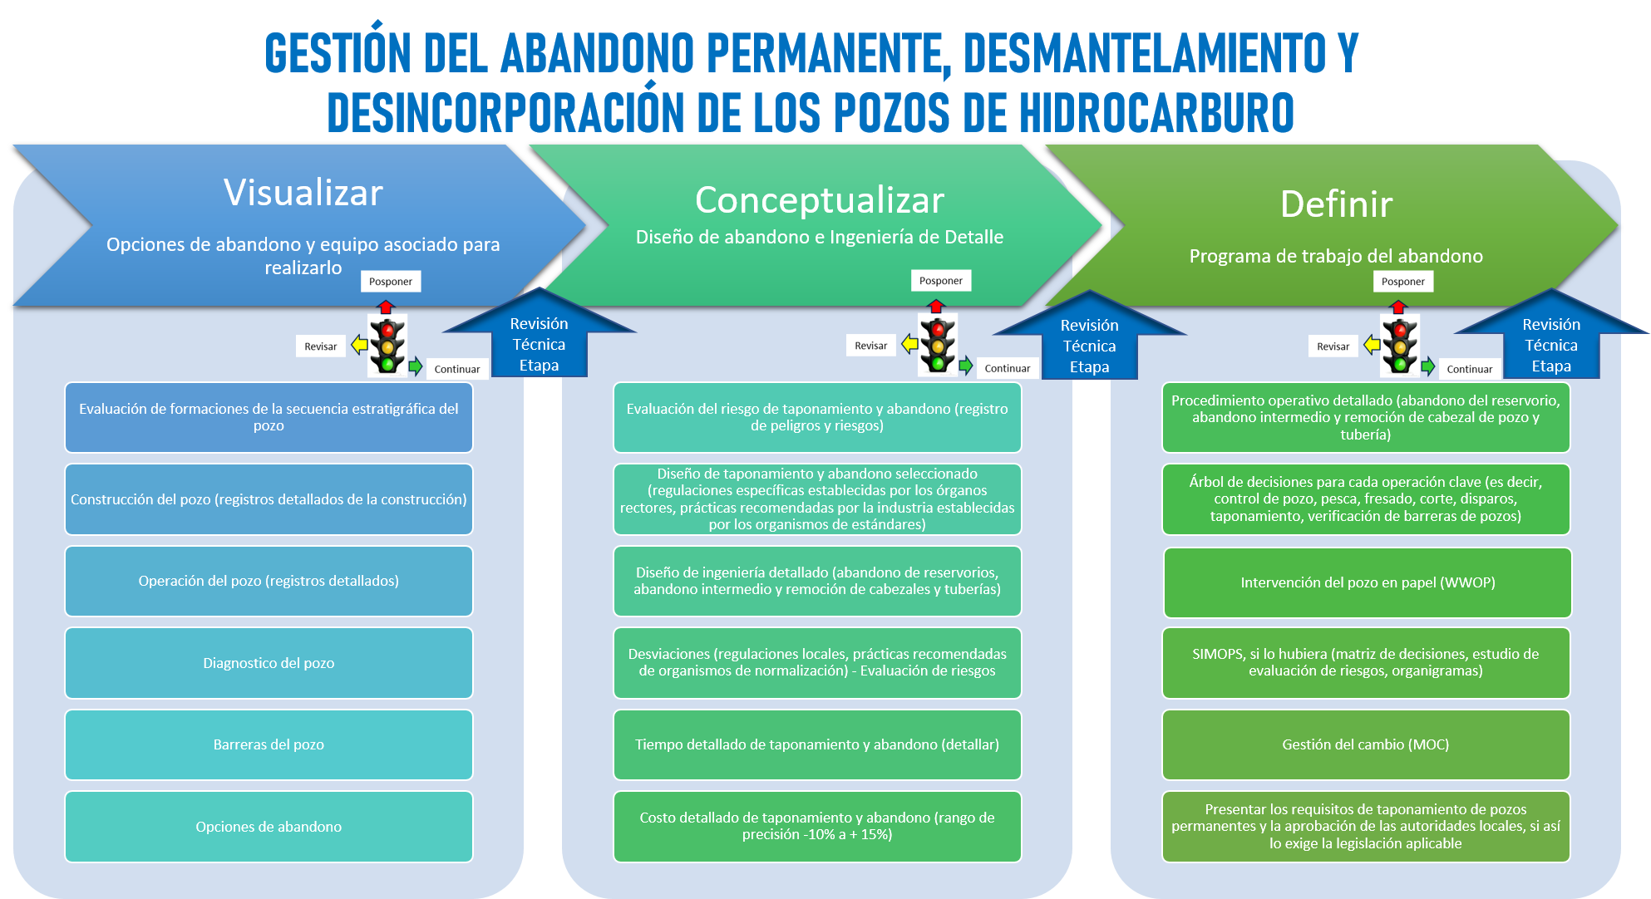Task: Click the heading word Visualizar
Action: (x=303, y=193)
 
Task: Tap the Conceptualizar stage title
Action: (x=820, y=200)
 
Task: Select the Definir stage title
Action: (x=1336, y=204)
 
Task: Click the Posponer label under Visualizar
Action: (x=391, y=282)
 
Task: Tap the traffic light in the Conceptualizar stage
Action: (x=938, y=344)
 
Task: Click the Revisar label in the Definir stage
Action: (x=1333, y=346)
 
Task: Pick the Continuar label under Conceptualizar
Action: (x=1007, y=368)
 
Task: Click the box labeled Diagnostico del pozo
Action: (x=269, y=663)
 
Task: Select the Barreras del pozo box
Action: (x=269, y=744)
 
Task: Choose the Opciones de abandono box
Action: (x=269, y=827)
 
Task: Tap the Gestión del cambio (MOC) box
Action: (x=1366, y=744)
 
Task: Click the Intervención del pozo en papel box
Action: (x=1368, y=582)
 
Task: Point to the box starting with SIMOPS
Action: (x=1366, y=663)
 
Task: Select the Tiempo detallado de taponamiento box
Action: (x=817, y=744)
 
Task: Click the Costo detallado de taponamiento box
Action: (x=817, y=827)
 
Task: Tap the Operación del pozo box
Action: (x=269, y=581)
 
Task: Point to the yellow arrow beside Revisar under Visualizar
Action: (x=359, y=344)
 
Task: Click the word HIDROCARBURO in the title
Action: (x=1156, y=113)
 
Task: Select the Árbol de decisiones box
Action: (x=1366, y=499)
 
